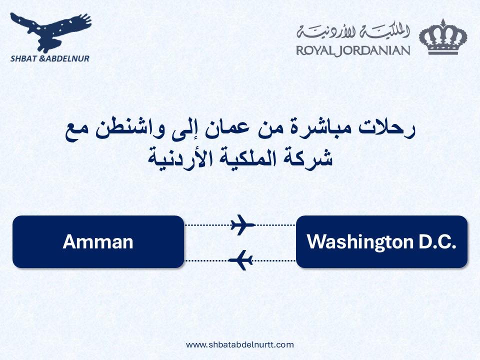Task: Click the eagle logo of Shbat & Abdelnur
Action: coord(50,32)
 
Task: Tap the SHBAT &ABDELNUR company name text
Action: coord(50,58)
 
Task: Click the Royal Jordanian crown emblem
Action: coord(443,37)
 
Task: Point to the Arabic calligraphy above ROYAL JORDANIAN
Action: coord(353,32)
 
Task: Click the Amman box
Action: coord(98,242)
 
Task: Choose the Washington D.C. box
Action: coord(381,242)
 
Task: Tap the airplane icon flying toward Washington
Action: coord(242,225)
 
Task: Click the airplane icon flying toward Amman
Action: coord(241,260)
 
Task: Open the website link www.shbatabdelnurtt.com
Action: coord(239,345)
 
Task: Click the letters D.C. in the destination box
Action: coord(437,242)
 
